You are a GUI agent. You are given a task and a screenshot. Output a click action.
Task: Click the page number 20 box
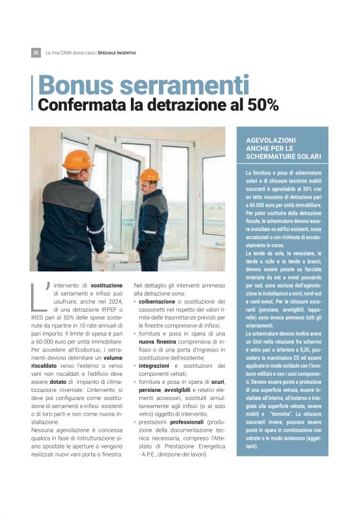(x=36, y=53)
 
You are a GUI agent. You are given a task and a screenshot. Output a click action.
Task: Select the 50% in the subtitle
(x=264, y=105)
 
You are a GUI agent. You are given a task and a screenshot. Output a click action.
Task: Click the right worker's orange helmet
(x=150, y=175)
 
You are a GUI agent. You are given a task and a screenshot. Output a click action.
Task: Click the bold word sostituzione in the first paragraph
(x=106, y=285)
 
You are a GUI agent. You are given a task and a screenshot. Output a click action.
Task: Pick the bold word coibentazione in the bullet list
(x=158, y=301)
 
